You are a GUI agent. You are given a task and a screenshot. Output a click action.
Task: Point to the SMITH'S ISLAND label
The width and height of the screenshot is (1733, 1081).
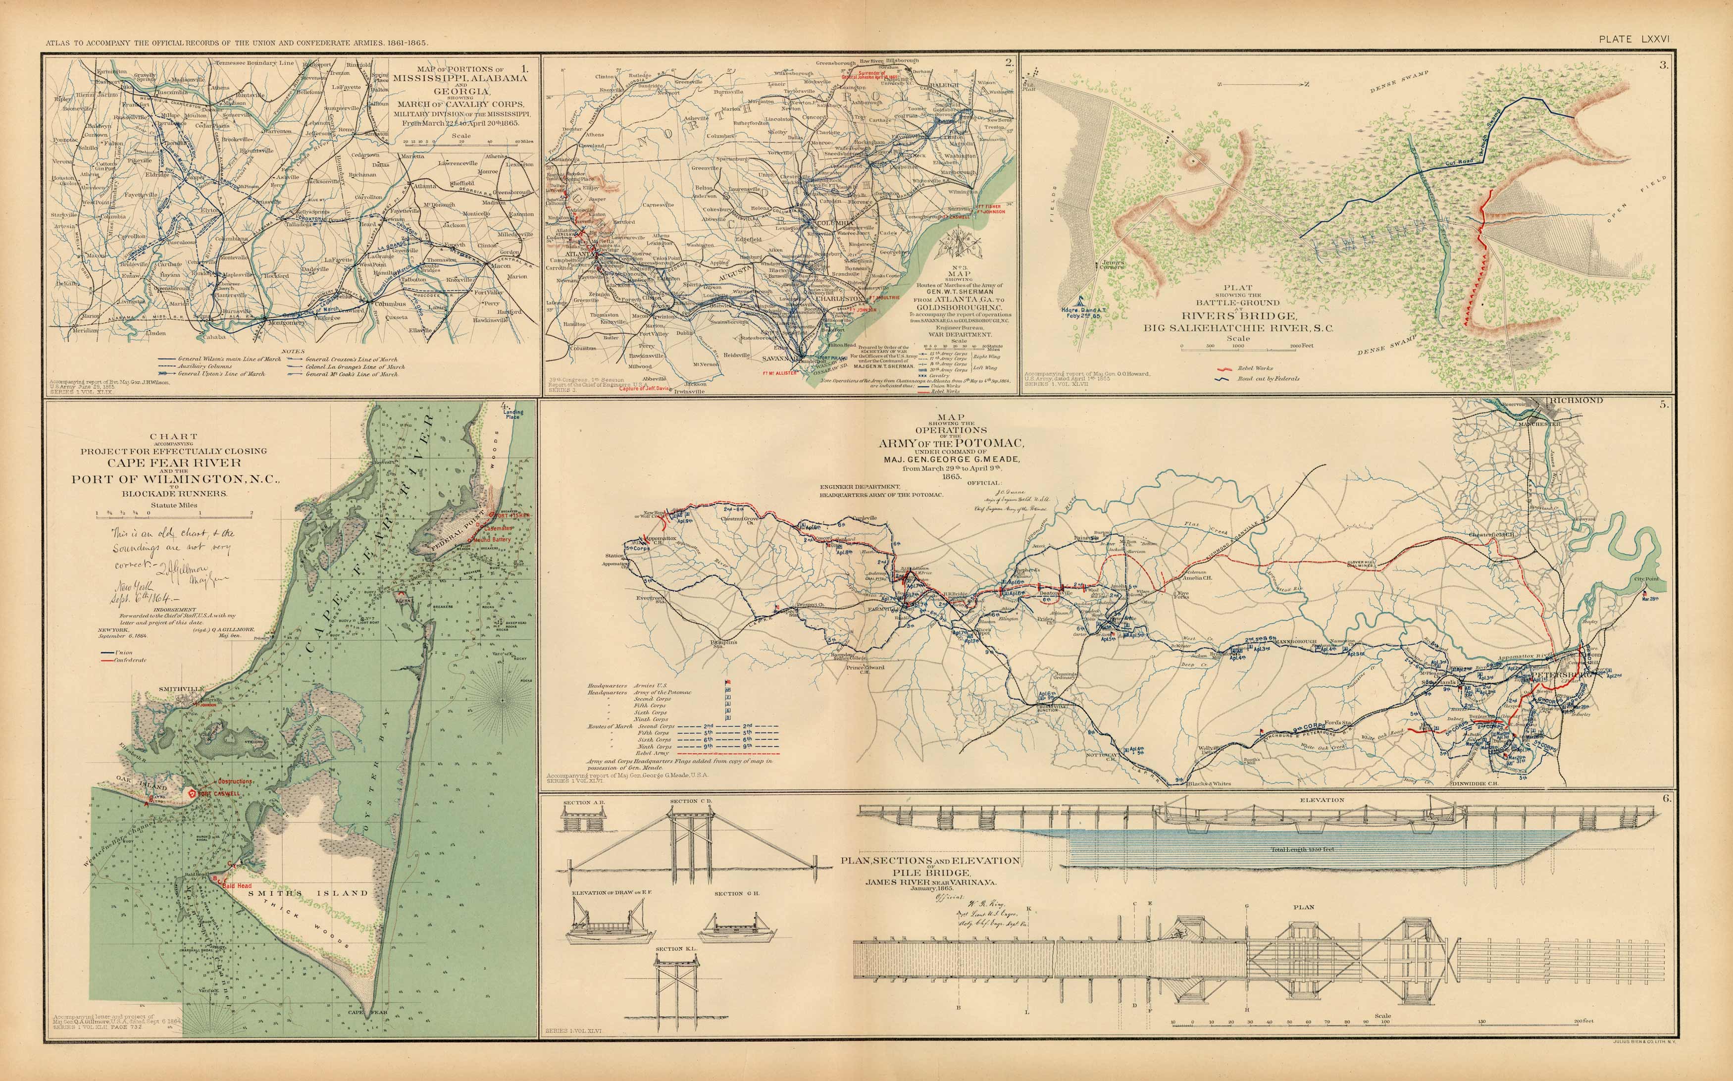click(307, 893)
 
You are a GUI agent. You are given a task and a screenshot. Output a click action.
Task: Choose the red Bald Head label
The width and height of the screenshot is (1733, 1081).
click(237, 886)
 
